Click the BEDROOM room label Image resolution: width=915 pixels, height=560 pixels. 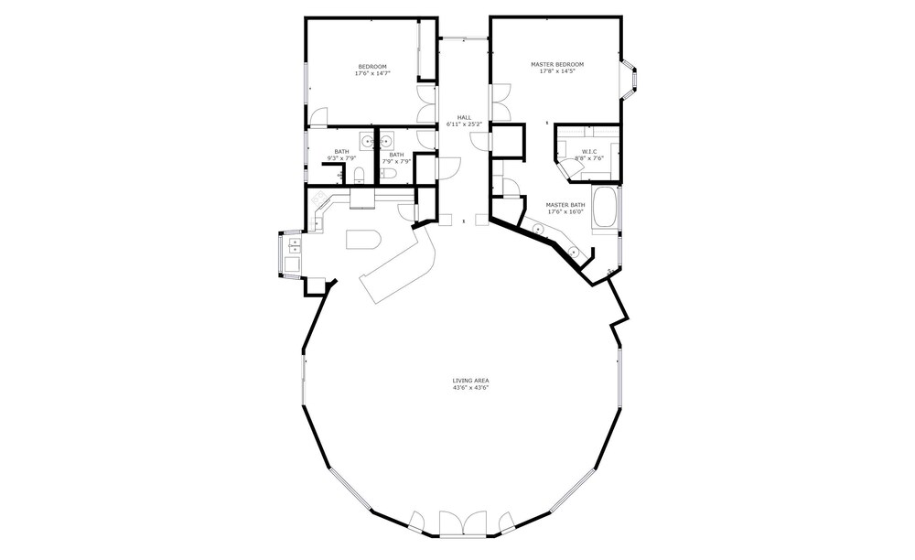[x=372, y=67]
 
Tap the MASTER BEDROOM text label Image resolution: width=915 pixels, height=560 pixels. [x=556, y=64]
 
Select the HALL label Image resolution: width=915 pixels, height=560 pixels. [x=465, y=117]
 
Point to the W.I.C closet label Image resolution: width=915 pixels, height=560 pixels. [x=589, y=152]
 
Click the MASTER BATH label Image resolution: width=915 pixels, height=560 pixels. [x=565, y=205]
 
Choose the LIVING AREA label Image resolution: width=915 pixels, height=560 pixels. [x=470, y=381]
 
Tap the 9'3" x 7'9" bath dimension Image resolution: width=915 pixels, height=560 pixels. [x=341, y=158]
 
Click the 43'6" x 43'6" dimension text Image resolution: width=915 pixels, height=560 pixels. [x=470, y=387]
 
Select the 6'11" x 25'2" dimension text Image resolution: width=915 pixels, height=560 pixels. [x=465, y=124]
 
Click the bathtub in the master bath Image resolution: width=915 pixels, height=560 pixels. [x=605, y=207]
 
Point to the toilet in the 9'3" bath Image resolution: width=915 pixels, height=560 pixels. [x=359, y=175]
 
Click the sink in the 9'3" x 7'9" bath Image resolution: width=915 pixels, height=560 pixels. [x=367, y=141]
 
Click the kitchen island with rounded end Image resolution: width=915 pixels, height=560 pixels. [x=363, y=239]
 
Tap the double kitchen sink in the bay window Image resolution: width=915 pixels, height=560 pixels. [x=294, y=244]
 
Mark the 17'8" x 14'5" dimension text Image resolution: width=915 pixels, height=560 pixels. [x=556, y=71]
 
